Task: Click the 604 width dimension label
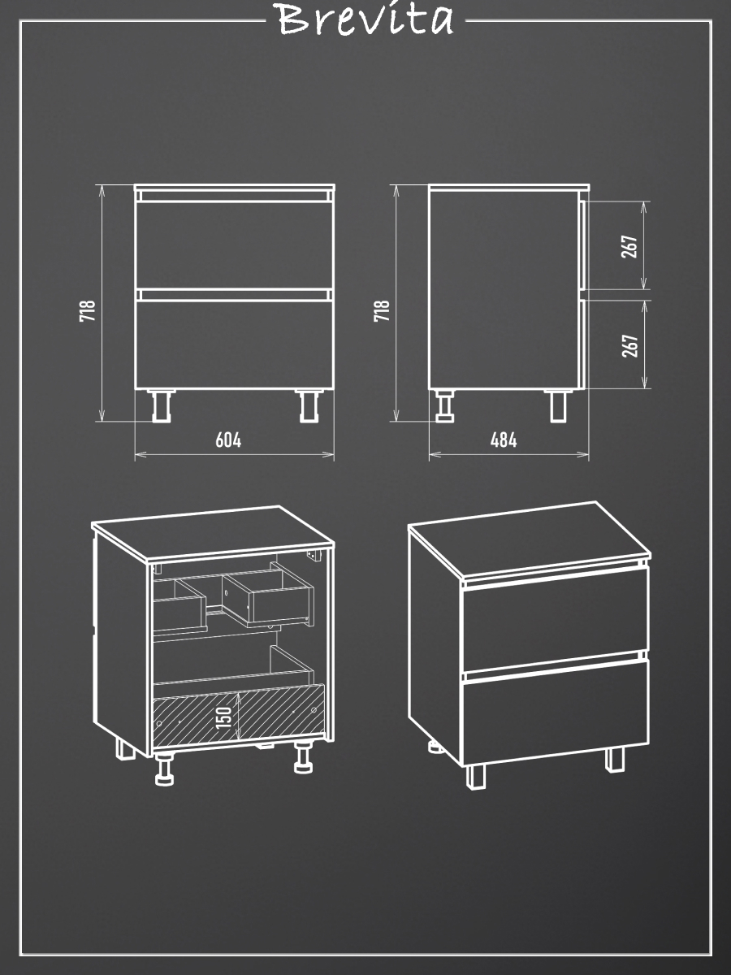(x=228, y=440)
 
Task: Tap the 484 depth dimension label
(x=504, y=440)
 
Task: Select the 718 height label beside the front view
(x=88, y=310)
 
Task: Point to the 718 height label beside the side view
(x=382, y=310)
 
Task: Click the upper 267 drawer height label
(x=629, y=246)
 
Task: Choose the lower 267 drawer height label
(x=629, y=345)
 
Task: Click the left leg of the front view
(x=162, y=406)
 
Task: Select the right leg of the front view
(x=309, y=406)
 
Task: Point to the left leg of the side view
(x=444, y=406)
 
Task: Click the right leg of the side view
(x=559, y=406)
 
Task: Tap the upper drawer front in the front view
(x=235, y=245)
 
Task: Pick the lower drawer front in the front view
(x=235, y=344)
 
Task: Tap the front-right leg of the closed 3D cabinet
(x=615, y=759)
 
